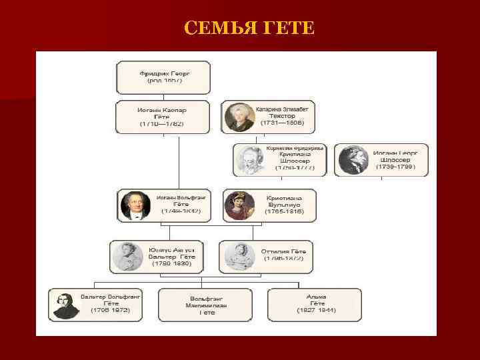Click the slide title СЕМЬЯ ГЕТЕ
tap(248, 28)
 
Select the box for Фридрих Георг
tap(163, 77)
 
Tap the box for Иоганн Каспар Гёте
tap(162, 117)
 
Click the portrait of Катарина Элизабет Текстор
tap(238, 117)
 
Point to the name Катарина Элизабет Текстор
tap(283, 112)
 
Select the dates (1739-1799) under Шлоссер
tap(395, 167)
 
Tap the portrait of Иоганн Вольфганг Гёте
tap(135, 205)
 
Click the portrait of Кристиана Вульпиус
tap(238, 205)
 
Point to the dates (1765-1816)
tap(285, 211)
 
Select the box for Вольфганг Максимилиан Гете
tap(205, 305)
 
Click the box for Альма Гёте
tap(314, 305)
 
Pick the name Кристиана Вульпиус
tap(284, 201)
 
